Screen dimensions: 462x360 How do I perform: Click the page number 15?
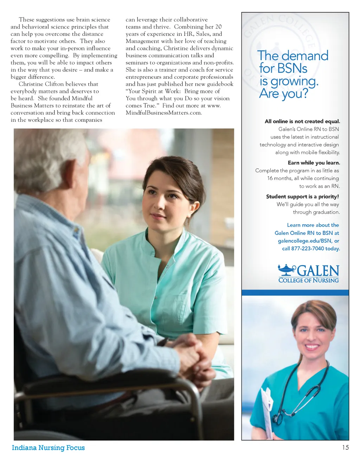click(345, 447)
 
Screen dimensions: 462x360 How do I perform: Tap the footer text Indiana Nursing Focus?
click(48, 448)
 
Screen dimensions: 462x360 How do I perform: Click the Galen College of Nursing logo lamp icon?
click(287, 270)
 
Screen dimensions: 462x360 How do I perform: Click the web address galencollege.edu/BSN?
click(304, 241)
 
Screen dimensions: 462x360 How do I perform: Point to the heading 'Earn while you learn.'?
click(314, 163)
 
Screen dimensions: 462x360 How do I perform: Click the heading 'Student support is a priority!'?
click(302, 197)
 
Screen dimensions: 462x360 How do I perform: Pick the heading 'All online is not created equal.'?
click(302, 121)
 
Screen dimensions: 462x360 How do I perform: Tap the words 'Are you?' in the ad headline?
click(283, 94)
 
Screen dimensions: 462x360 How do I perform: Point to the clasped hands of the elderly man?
click(190, 355)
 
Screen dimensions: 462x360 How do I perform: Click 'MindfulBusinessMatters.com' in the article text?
click(163, 113)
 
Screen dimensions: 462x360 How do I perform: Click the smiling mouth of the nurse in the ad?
click(312, 347)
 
